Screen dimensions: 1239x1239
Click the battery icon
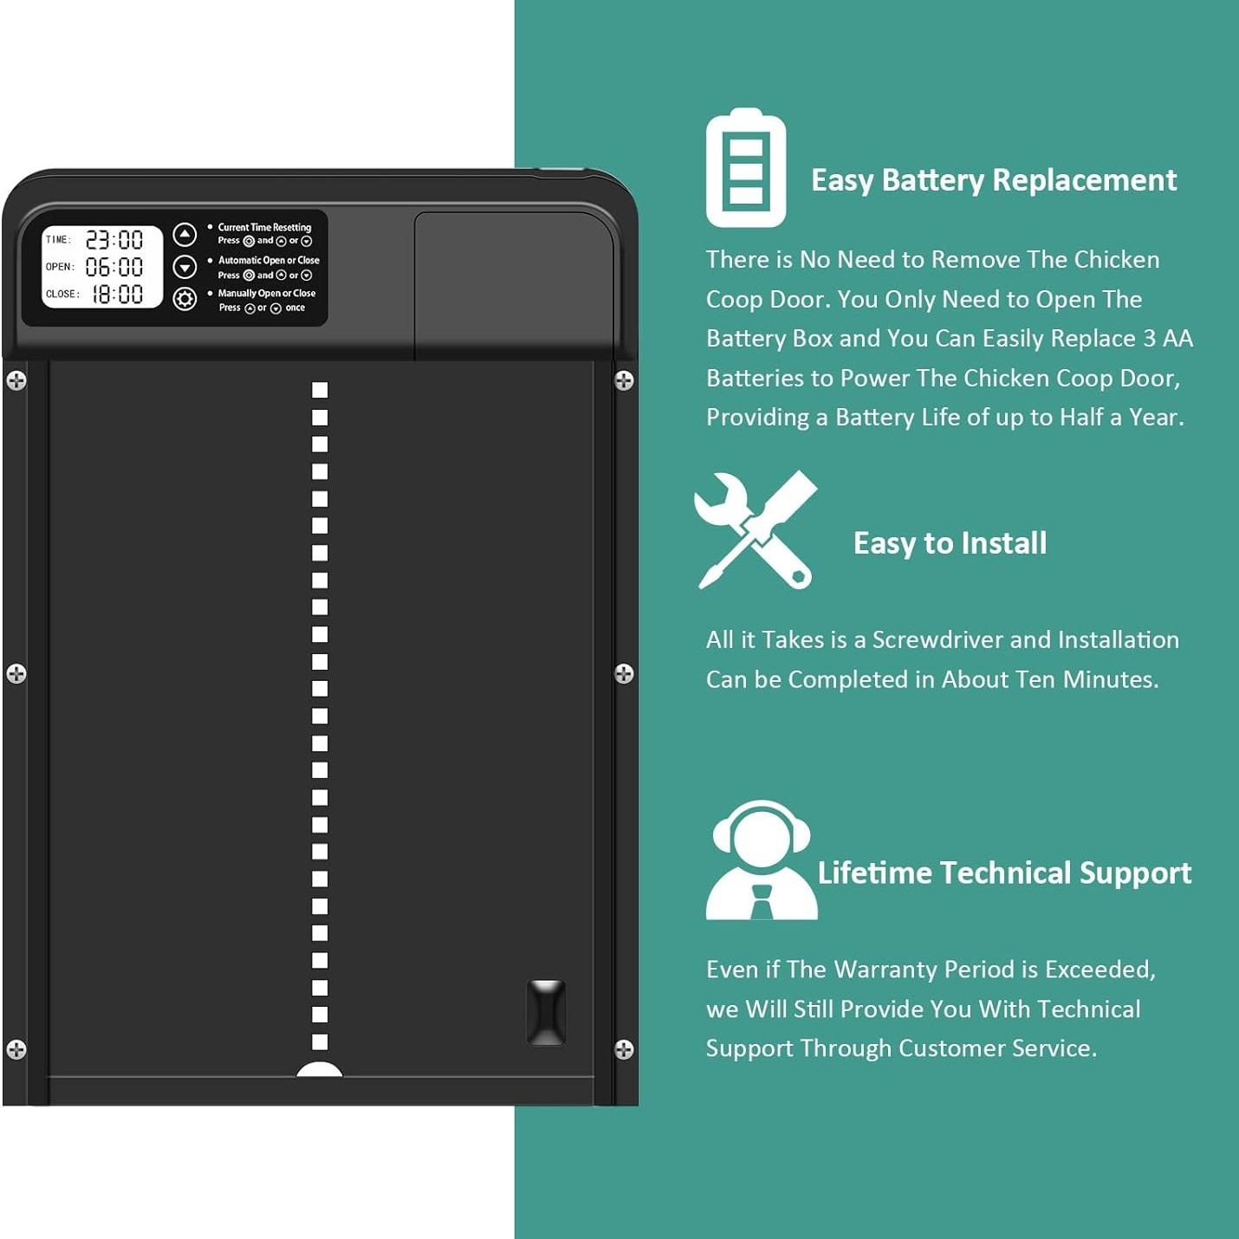pos(746,167)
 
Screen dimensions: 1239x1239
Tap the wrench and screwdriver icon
pos(755,529)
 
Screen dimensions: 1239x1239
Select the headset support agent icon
pos(762,860)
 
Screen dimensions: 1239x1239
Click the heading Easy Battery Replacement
pos(994,181)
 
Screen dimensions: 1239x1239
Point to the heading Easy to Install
pos(950,543)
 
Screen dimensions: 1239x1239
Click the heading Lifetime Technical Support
pos(1004,873)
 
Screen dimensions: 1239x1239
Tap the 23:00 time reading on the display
pos(114,241)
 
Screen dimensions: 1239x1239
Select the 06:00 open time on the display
pos(114,267)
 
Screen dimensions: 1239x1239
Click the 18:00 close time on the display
pos(117,295)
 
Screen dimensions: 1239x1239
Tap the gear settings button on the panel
pos(185,299)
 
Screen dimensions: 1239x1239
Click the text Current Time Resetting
pos(264,227)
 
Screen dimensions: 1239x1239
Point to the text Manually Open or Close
pos(267,293)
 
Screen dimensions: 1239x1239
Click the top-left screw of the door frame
pos(16,380)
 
